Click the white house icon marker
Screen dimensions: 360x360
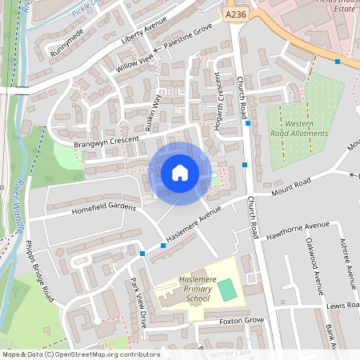point(179,173)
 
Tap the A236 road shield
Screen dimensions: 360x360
point(236,14)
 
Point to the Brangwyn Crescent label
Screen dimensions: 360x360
point(106,142)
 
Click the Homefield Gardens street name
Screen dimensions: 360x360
point(105,207)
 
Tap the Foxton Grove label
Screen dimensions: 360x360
point(242,320)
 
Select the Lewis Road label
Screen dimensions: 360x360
point(342,305)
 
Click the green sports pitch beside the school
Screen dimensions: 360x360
point(228,290)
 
